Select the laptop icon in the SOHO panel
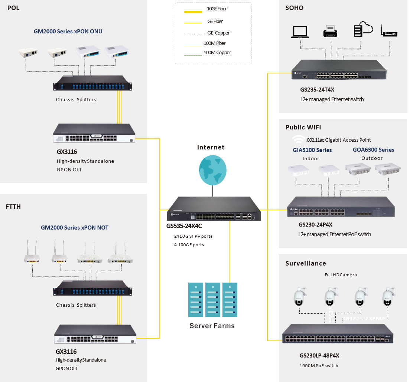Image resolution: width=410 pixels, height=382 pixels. pyautogui.click(x=300, y=32)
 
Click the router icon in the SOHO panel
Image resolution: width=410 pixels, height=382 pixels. pyautogui.click(x=389, y=32)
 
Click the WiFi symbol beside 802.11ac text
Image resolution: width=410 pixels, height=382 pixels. pyautogui.click(x=298, y=139)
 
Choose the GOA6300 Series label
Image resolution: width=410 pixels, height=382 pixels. pyautogui.click(x=373, y=150)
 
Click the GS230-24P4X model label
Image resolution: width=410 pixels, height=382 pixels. pyautogui.click(x=315, y=225)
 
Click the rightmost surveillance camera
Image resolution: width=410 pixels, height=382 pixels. pyautogui.click(x=387, y=297)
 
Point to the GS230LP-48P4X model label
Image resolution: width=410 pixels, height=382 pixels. pyautogui.click(x=319, y=356)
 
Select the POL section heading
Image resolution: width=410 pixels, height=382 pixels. pyautogui.click(x=13, y=8)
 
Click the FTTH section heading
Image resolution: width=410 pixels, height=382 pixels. pyautogui.click(x=13, y=207)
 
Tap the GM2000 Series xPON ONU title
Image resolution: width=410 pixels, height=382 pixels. pyautogui.click(x=68, y=32)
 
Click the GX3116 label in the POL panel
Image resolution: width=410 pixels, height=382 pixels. pyautogui.click(x=67, y=152)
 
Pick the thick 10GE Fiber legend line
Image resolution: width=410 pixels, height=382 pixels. pyautogui.click(x=193, y=12)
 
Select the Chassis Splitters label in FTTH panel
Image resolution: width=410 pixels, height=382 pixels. pyautogui.click(x=76, y=305)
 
